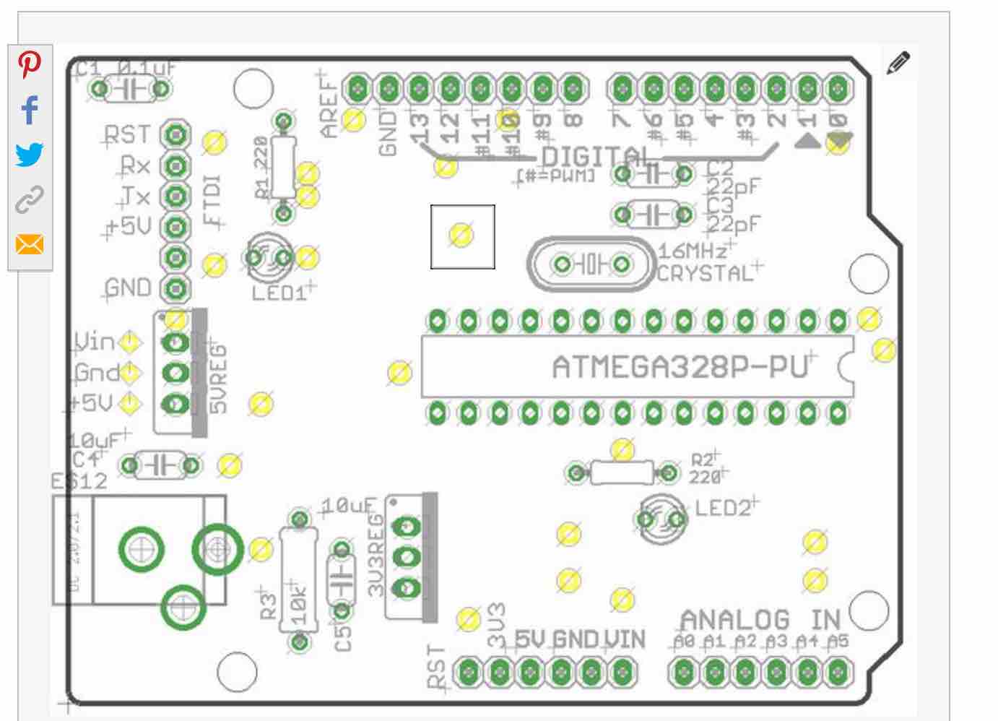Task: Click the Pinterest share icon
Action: [x=29, y=64]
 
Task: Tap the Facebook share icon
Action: [x=29, y=110]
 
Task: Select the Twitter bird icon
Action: [x=29, y=155]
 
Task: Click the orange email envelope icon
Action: [x=29, y=244]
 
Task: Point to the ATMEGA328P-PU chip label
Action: [x=679, y=367]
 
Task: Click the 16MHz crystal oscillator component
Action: [x=591, y=264]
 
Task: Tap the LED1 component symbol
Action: [x=269, y=257]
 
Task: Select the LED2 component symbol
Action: [x=660, y=519]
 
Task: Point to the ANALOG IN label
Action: [x=760, y=620]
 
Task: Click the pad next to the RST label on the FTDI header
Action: [x=175, y=135]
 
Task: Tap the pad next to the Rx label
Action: [x=175, y=166]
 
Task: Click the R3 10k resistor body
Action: [x=299, y=580]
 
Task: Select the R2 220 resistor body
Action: [x=622, y=474]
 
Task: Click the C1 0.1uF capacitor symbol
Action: [x=131, y=90]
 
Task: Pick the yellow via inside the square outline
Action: [x=461, y=236]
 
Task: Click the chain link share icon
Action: [x=29, y=199]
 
